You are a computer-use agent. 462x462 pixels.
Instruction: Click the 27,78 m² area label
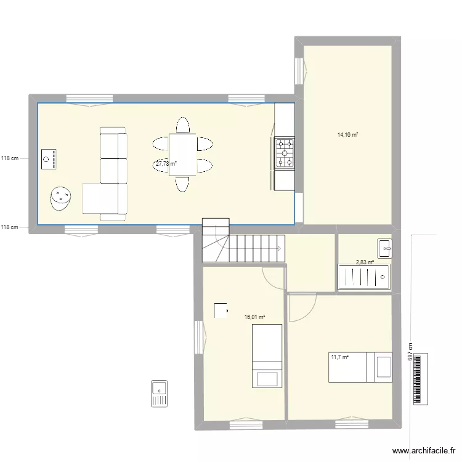[166, 164]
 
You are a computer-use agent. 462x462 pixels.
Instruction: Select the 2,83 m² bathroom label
[365, 262]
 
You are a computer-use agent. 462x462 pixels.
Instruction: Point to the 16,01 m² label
[254, 317]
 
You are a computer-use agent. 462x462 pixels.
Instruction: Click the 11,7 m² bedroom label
[339, 357]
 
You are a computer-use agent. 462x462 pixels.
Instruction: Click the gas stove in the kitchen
[285, 153]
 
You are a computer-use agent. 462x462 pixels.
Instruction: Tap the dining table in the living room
[182, 154]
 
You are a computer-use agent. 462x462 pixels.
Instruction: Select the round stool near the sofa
[62, 198]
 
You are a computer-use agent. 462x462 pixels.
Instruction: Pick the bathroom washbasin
[385, 248]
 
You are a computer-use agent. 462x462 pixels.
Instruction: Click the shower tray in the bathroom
[364, 277]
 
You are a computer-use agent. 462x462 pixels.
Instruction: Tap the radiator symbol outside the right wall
[420, 378]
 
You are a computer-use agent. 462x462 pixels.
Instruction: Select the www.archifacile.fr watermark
[423, 450]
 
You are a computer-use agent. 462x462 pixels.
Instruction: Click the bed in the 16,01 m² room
[267, 356]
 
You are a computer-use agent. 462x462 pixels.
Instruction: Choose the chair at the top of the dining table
[182, 125]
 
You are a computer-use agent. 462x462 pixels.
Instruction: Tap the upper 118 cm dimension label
[10, 158]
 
